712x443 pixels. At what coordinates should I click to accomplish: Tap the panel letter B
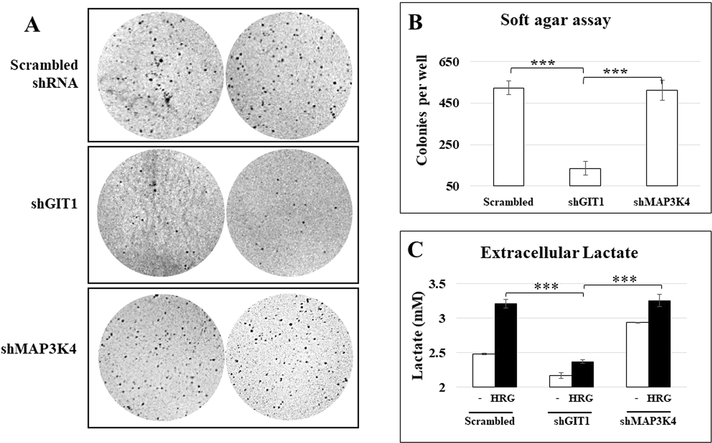415,22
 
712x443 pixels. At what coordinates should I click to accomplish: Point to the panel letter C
415,251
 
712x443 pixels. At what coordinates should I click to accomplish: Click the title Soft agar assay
555,20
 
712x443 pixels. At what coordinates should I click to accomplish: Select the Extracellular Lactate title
559,252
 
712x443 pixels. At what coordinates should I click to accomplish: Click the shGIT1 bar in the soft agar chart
585,177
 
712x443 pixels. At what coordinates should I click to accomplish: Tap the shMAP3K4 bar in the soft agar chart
661,138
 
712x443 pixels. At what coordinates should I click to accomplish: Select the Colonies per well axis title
422,110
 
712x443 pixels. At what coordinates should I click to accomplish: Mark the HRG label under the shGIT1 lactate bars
581,398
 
